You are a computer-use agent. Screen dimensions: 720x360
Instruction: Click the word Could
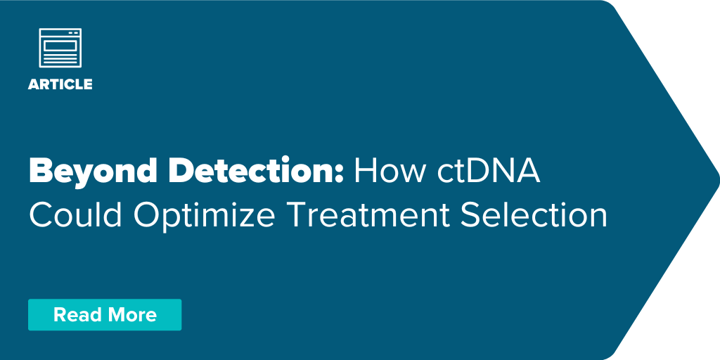coord(77,215)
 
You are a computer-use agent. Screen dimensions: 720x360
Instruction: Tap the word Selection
coord(534,215)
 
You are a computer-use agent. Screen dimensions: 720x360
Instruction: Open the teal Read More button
coord(105,314)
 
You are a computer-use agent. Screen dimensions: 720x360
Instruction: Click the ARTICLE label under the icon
coord(60,84)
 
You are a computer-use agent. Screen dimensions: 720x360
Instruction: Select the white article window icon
coord(60,48)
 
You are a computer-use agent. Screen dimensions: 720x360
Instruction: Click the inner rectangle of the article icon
coord(60,46)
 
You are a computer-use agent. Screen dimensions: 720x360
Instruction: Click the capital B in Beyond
coord(40,172)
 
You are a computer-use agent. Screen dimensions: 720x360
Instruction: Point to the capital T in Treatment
coord(297,215)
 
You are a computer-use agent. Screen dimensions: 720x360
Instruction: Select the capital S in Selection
coord(470,215)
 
